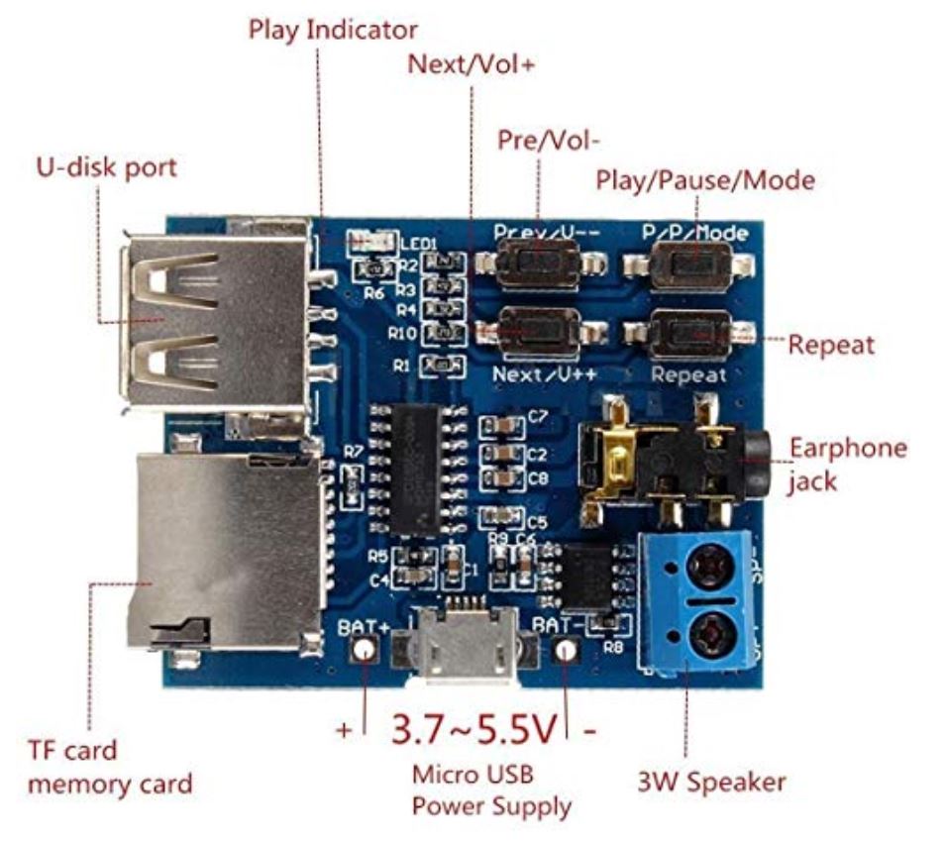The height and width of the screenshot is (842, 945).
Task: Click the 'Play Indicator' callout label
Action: coord(332,29)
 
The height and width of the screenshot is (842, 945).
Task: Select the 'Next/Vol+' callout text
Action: coord(471,65)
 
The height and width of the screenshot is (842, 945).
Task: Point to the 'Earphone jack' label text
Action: coord(847,464)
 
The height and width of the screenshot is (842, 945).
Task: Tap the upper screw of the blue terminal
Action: coord(709,568)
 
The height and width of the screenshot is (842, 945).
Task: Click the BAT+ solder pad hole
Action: coord(365,650)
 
